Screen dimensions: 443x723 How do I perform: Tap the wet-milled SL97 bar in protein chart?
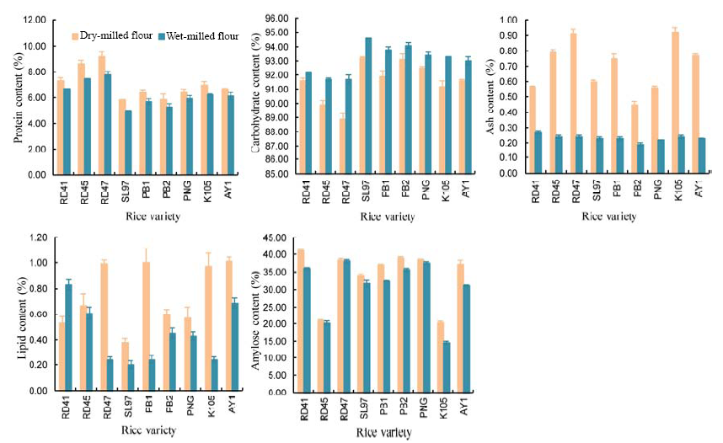point(128,142)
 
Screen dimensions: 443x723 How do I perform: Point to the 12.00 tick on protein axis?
point(34,19)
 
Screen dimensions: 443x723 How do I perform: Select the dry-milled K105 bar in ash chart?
point(674,102)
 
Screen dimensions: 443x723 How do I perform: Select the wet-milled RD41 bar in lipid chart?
point(67,338)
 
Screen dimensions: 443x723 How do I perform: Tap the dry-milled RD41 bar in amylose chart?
point(301,321)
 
